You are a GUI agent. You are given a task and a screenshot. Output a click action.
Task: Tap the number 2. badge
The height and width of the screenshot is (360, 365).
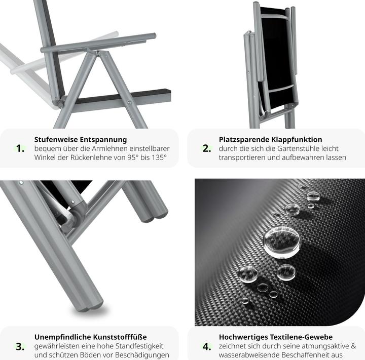click(x=206, y=148)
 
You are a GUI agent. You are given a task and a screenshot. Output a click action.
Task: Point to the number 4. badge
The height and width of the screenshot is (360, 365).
click(x=206, y=346)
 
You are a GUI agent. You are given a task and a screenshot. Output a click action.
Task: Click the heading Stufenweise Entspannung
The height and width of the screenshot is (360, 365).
click(x=81, y=139)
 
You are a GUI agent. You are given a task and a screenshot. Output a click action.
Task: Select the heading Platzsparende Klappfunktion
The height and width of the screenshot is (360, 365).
click(x=270, y=139)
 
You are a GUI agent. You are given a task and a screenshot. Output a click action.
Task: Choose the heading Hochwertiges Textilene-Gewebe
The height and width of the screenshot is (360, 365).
click(x=276, y=337)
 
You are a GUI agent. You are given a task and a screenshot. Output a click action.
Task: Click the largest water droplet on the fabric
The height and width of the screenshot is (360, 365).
click(x=281, y=240)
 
